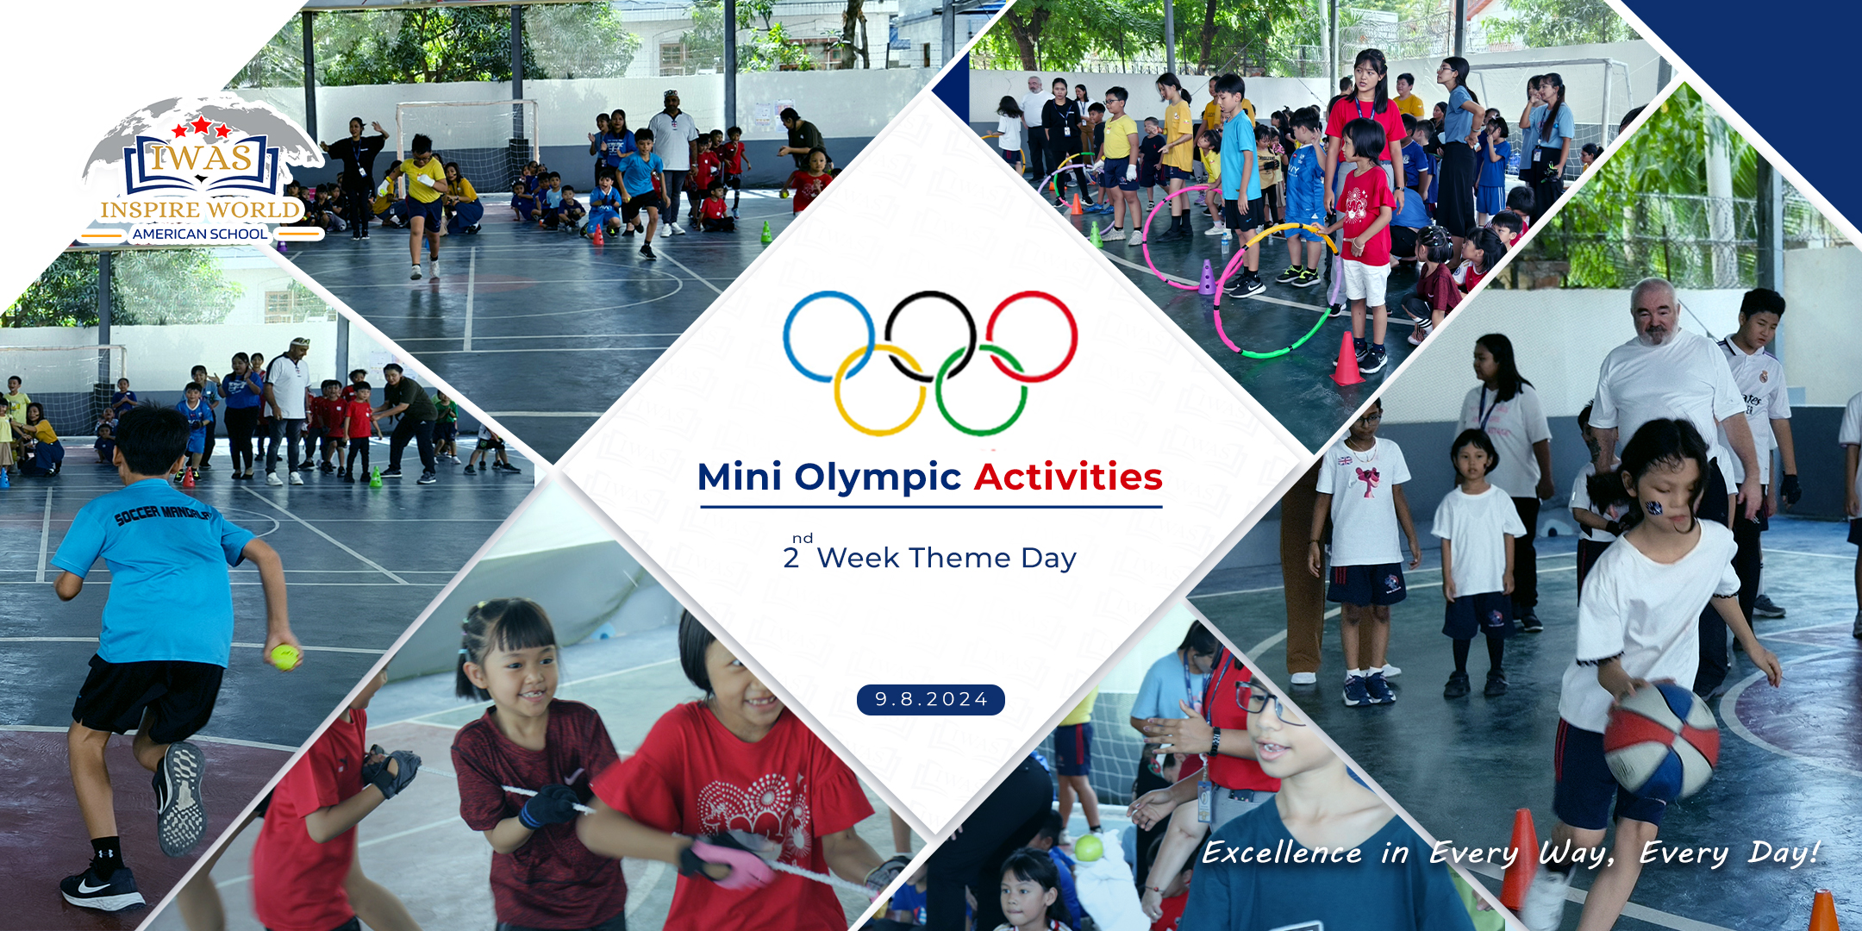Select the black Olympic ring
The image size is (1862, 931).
tap(931, 293)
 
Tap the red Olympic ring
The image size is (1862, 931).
tap(1075, 336)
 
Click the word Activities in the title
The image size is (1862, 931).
tap(1068, 477)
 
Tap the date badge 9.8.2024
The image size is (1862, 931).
tap(931, 699)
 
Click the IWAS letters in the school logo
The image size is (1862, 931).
tap(202, 158)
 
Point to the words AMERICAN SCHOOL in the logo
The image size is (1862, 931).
tap(200, 234)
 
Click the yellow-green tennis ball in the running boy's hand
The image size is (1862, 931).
tap(284, 657)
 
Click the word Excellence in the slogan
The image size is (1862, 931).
tap(1282, 853)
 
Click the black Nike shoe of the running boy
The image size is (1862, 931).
tap(102, 887)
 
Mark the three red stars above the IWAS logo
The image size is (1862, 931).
tap(202, 128)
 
